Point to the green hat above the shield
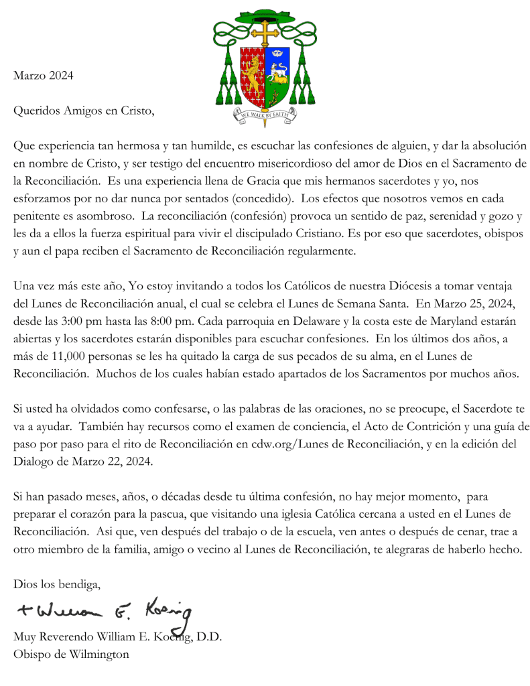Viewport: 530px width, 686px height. click(265, 15)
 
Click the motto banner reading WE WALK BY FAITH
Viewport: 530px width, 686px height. click(265, 115)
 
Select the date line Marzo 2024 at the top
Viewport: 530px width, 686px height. click(44, 76)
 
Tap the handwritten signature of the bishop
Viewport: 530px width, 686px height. click(104, 611)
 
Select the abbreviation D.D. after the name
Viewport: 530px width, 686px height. click(209, 637)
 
